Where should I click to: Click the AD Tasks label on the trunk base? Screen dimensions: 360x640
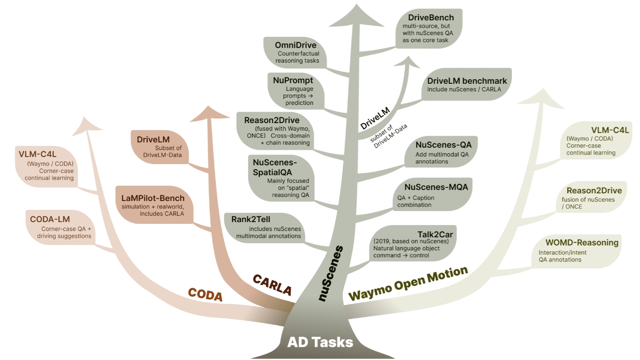click(320, 342)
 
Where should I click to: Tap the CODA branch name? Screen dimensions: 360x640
click(205, 294)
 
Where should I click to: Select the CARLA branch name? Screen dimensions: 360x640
click(272, 285)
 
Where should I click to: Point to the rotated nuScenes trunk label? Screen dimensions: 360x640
click(331, 273)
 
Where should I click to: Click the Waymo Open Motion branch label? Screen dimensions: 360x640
click(408, 283)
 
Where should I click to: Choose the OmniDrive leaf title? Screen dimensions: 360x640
click(295, 45)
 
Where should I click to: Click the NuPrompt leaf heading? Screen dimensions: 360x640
click(293, 80)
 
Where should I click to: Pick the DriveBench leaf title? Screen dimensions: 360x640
click(431, 18)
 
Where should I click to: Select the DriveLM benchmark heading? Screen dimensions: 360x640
click(467, 81)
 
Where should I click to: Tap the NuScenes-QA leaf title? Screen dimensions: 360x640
click(443, 145)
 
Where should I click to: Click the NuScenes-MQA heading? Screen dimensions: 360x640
click(436, 187)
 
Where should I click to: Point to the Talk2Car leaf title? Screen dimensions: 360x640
click(435, 234)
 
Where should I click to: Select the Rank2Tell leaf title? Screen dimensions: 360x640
click(251, 219)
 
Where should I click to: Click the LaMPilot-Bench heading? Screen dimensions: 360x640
click(153, 198)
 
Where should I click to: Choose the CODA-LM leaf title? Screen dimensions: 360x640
click(50, 219)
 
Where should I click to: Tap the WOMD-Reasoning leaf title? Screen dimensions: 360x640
click(582, 242)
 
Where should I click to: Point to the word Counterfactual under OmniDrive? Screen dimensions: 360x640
click(298, 54)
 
